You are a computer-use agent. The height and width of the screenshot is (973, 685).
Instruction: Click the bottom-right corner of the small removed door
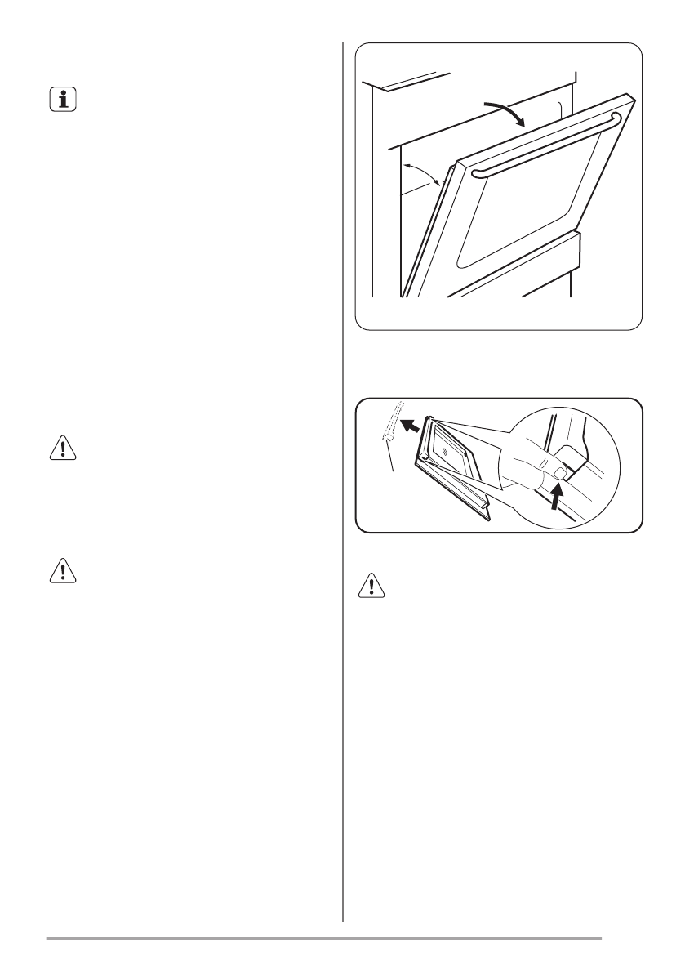[x=487, y=519]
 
